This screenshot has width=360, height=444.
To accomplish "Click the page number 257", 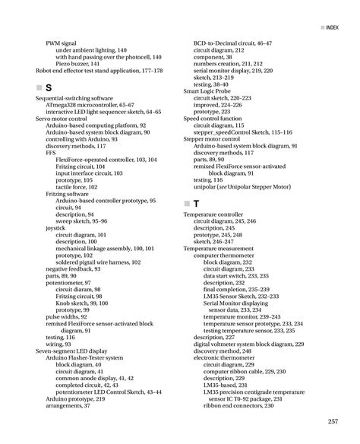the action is [332, 422].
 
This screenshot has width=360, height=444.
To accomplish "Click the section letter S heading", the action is [49, 88].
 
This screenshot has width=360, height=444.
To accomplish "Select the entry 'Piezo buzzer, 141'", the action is [78, 63].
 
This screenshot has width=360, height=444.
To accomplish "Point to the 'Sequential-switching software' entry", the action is [74, 99].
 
